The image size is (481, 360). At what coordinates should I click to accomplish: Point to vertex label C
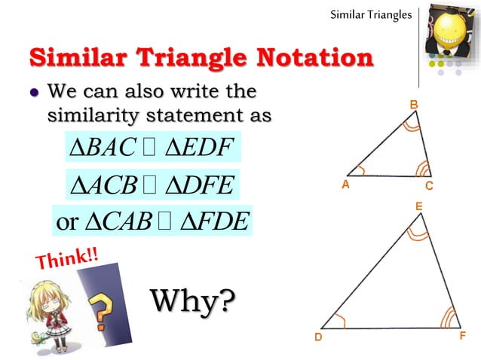(x=428, y=185)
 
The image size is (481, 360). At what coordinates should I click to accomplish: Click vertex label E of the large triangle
(x=418, y=205)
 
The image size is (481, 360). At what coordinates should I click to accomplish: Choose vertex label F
(x=462, y=337)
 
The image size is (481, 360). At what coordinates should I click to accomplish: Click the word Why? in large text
(x=193, y=301)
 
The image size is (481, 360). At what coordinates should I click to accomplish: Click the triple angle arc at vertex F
(x=448, y=317)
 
